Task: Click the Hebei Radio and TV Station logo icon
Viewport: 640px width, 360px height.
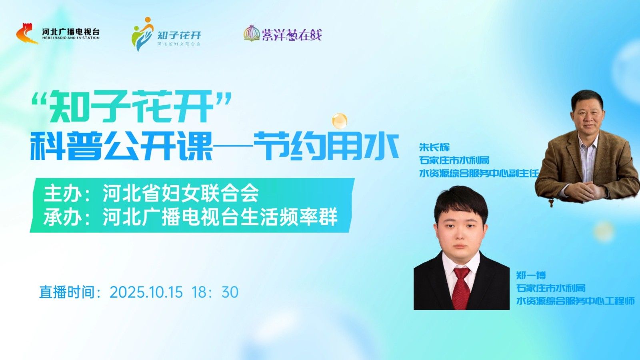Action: coord(27,34)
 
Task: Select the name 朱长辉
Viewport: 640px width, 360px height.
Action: coord(434,147)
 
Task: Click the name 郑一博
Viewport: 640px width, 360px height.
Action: coord(531,275)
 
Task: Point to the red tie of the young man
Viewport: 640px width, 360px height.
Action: coord(461,288)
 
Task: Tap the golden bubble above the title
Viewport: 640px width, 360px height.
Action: coord(340,121)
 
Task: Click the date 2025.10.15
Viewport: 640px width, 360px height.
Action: coord(146,292)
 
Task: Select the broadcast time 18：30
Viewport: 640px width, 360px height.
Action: coord(215,292)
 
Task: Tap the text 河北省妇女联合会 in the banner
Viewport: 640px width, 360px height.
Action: coord(180,193)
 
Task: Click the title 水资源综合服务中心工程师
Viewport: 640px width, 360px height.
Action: coord(576,300)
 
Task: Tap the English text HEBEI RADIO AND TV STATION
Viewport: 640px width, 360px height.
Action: coord(71,38)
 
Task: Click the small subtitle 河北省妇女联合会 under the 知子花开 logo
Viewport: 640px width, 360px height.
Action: coord(179,44)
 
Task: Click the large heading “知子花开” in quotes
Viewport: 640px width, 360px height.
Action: coord(131,106)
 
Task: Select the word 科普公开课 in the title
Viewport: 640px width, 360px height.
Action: coord(121,146)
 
